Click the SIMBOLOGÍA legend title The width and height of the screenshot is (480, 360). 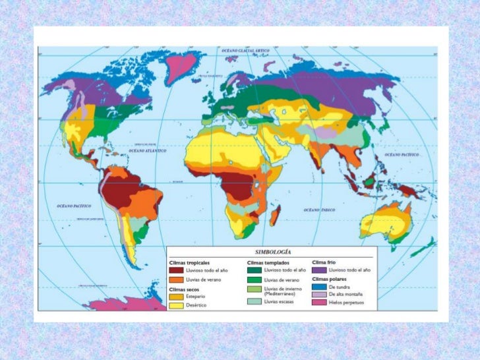click(270, 252)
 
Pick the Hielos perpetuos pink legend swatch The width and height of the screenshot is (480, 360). click(319, 303)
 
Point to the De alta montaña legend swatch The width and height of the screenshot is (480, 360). click(319, 295)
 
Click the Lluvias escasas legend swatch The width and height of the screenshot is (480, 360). click(254, 301)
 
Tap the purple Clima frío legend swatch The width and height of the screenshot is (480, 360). click(319, 270)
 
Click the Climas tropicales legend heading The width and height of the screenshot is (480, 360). click(190, 262)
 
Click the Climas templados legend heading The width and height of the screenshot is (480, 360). click(264, 262)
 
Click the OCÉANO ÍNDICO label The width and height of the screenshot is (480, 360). click(320, 210)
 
